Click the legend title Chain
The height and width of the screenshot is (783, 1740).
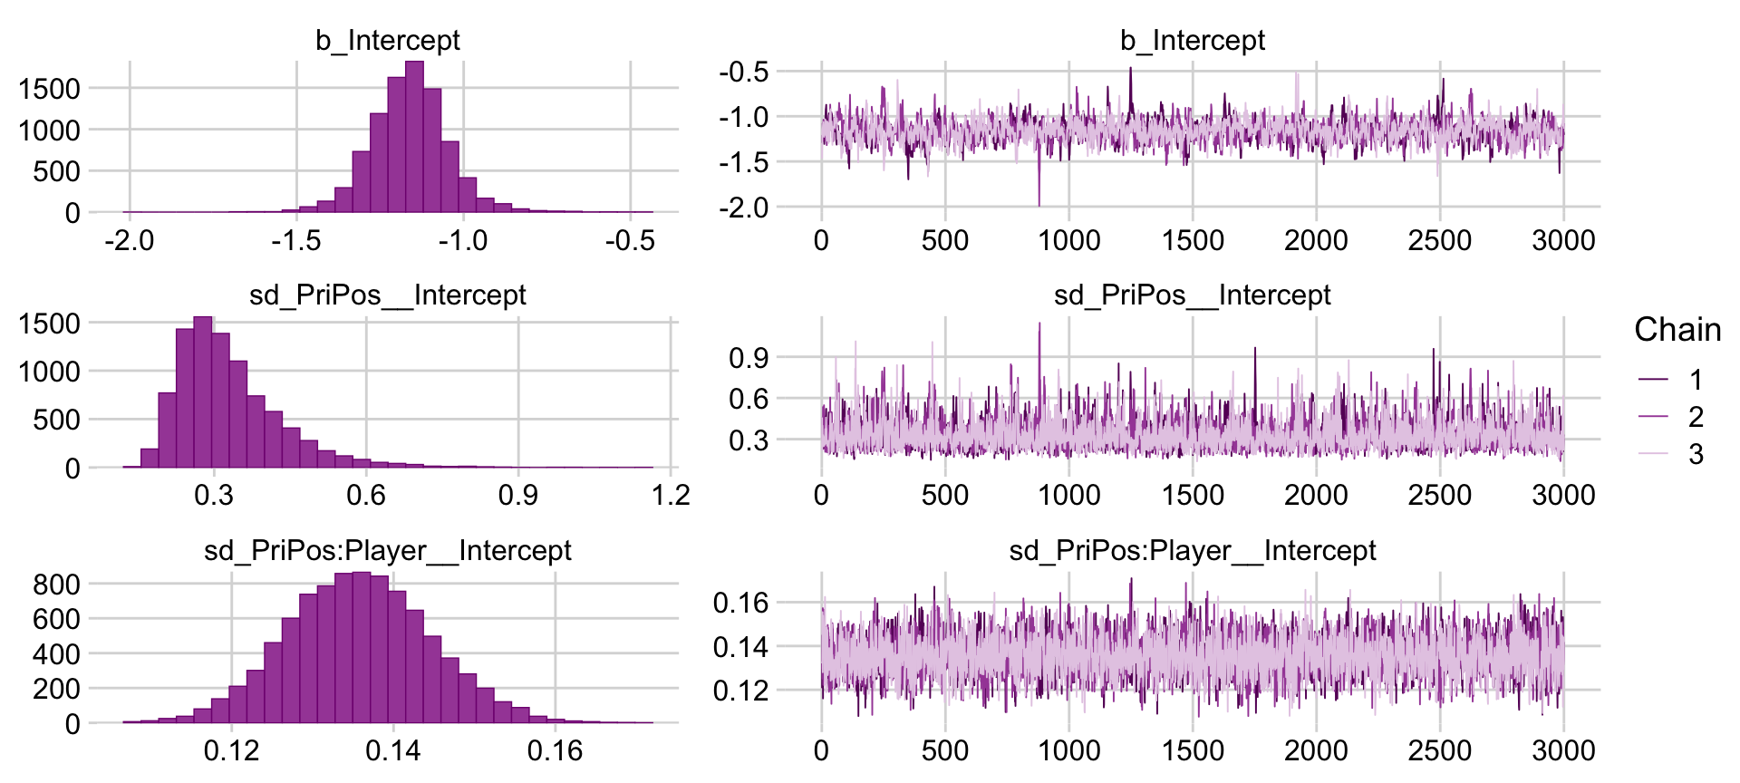1677,330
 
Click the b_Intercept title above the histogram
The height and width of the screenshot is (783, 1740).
387,40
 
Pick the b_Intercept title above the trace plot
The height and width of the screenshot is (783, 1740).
1192,40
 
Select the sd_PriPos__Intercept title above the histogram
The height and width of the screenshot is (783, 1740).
387,295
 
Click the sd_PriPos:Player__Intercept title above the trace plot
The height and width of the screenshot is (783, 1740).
1192,550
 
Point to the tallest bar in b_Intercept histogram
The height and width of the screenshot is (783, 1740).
414,136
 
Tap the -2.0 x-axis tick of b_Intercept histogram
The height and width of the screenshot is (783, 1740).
130,241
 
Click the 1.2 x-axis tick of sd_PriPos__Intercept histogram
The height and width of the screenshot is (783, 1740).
671,496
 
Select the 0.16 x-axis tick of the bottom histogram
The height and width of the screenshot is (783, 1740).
555,750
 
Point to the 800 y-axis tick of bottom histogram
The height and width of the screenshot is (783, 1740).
56,585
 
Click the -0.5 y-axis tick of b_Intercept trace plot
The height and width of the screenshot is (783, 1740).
743,72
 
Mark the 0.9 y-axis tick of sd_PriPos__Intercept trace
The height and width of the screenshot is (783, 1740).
749,358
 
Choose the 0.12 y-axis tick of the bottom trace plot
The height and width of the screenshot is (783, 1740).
740,691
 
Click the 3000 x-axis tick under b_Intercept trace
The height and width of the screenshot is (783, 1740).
1563,241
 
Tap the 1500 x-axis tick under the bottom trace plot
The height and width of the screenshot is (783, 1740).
1193,750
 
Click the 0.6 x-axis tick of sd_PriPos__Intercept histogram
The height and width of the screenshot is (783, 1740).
366,496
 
